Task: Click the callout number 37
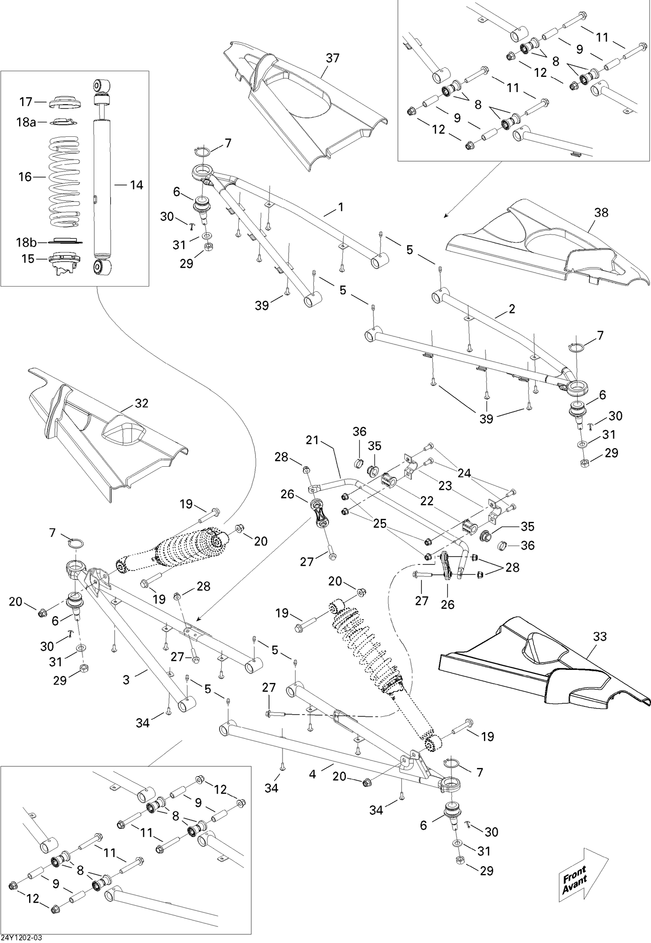pyautogui.click(x=332, y=58)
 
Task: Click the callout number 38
pyautogui.click(x=601, y=212)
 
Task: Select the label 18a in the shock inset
pyautogui.click(x=26, y=122)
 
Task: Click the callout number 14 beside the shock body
pyautogui.click(x=136, y=185)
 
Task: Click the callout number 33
pyautogui.click(x=600, y=636)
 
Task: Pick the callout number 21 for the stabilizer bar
pyautogui.click(x=312, y=440)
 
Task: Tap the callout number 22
pyautogui.click(x=427, y=501)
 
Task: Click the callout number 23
pyautogui.click(x=445, y=485)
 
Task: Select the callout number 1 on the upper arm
pyautogui.click(x=341, y=207)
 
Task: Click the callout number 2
pyautogui.click(x=512, y=309)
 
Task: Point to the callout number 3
pyautogui.click(x=126, y=679)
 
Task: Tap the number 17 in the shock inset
pyautogui.click(x=26, y=102)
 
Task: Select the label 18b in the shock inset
pyautogui.click(x=26, y=242)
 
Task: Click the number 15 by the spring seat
pyautogui.click(x=28, y=259)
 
